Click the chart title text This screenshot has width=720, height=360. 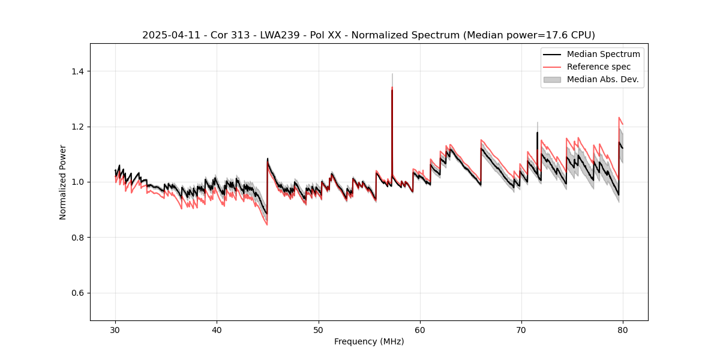[x=368, y=35]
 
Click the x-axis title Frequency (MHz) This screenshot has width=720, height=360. [x=369, y=341]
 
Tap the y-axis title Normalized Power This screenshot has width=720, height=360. [x=63, y=182]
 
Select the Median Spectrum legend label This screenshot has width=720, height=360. [x=603, y=54]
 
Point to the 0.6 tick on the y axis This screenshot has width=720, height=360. [x=79, y=293]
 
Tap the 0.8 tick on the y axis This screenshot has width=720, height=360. [x=79, y=238]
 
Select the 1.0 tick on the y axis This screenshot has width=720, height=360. [x=79, y=182]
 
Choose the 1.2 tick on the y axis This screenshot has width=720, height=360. [x=79, y=127]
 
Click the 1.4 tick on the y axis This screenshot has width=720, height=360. [x=79, y=71]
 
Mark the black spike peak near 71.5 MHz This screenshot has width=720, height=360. [x=537, y=133]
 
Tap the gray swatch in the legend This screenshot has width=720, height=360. [x=552, y=79]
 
